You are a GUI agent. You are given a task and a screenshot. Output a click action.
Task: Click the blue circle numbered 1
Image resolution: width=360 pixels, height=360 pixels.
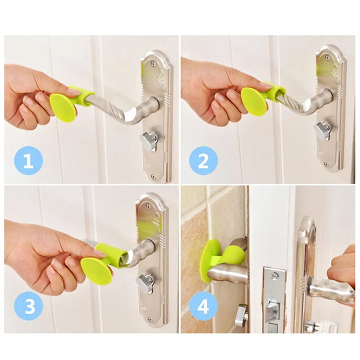[x=28, y=160]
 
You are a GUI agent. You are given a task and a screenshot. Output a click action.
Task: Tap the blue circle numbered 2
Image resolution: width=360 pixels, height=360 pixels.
[x=203, y=160]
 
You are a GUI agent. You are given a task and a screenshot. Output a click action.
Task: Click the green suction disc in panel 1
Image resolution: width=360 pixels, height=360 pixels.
[x=63, y=107]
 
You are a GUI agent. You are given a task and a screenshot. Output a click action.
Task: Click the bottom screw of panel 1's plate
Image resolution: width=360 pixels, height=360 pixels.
[x=153, y=176]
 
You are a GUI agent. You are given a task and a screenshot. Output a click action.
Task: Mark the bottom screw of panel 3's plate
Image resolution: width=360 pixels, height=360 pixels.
[x=149, y=319]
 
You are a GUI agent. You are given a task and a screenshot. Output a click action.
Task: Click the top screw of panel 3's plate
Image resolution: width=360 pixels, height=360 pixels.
[x=148, y=206]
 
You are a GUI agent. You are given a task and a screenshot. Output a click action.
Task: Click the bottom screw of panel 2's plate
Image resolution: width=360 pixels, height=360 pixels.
[x=326, y=165]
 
